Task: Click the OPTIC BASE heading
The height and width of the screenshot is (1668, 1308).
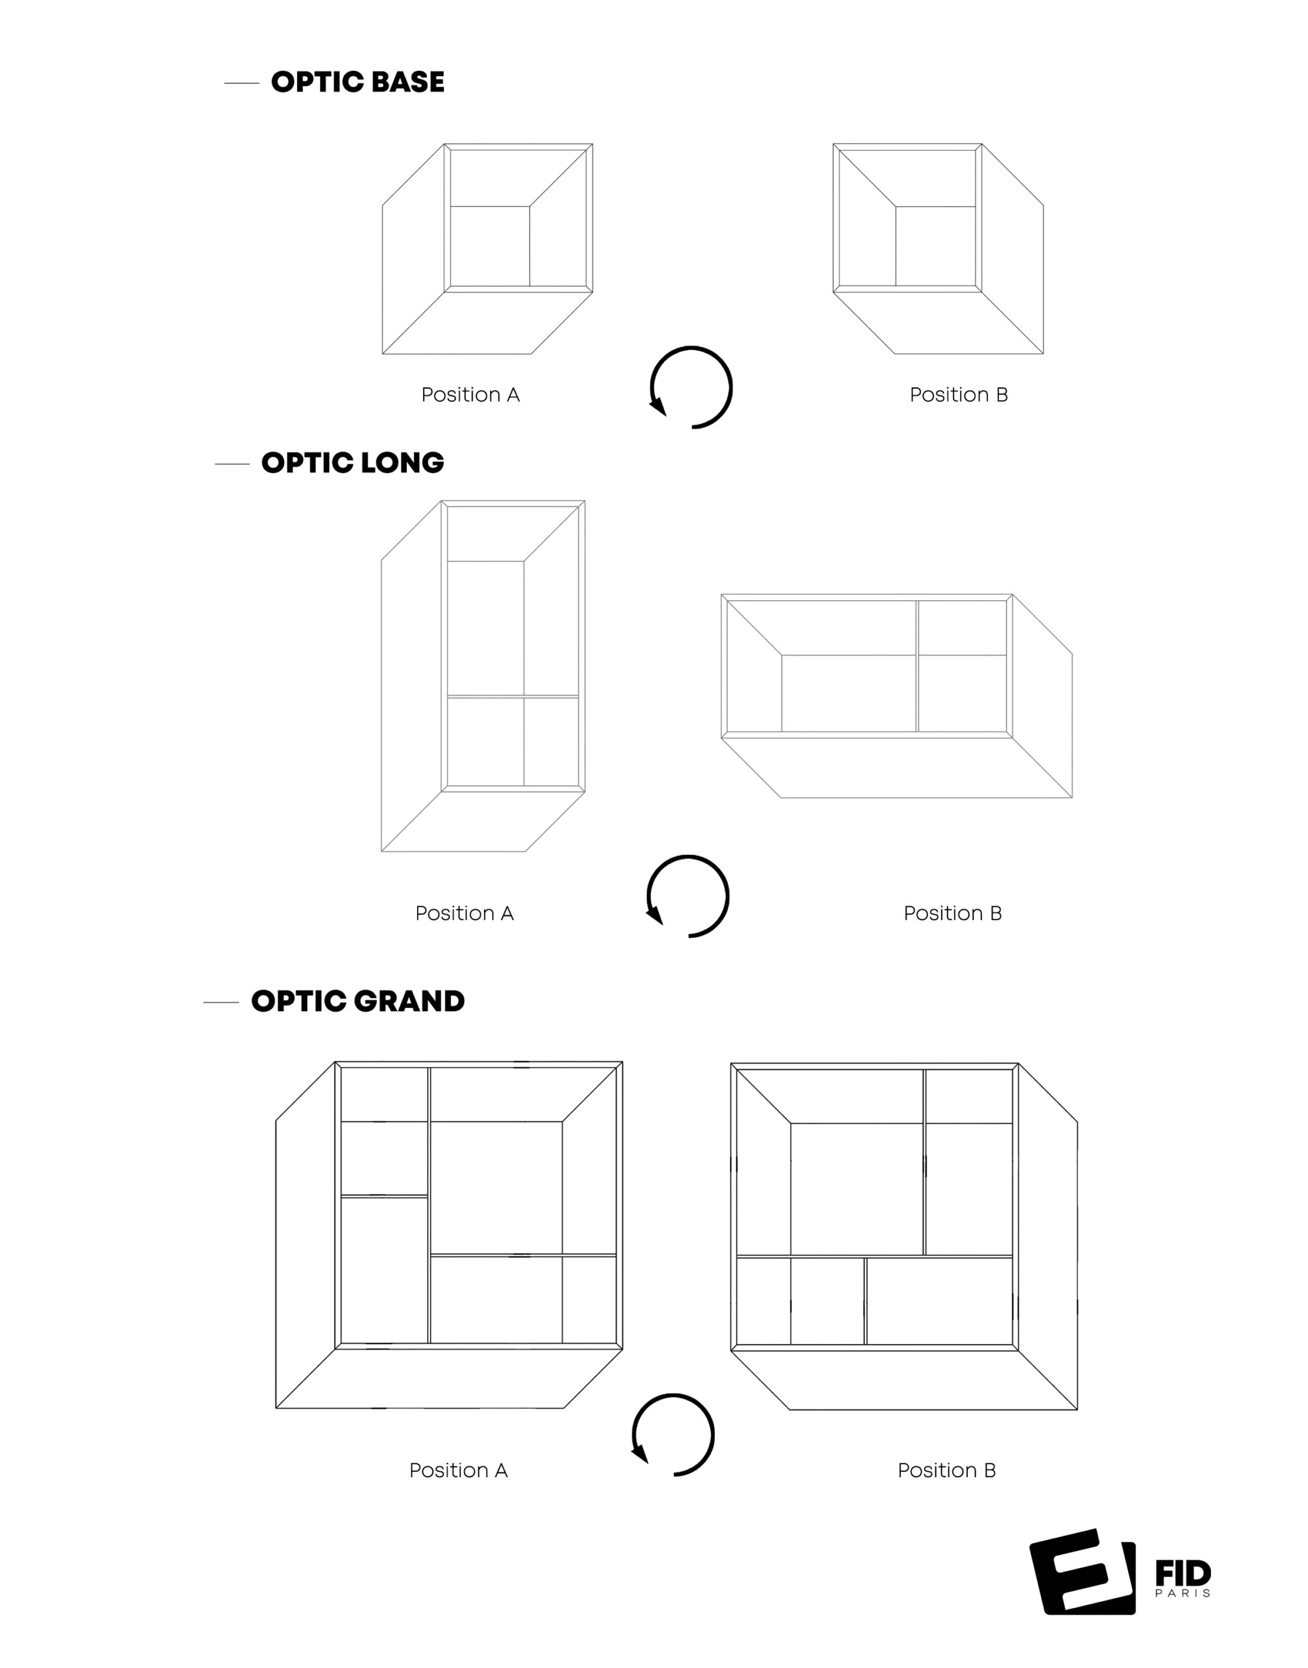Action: [357, 82]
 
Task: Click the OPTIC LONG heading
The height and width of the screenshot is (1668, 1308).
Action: [353, 463]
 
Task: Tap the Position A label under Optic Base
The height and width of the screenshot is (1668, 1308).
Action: [470, 395]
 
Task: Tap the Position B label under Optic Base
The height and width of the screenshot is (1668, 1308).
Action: [958, 395]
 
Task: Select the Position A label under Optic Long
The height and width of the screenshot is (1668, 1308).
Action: [464, 913]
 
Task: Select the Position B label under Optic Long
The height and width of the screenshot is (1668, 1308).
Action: [952, 913]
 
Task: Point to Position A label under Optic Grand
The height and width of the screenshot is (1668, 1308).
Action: [458, 1471]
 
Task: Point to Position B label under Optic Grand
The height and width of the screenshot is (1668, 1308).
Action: [946, 1471]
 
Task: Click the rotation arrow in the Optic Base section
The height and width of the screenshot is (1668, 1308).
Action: [691, 387]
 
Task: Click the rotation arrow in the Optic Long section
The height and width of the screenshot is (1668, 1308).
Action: [688, 897]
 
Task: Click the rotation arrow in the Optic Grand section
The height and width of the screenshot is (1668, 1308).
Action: [673, 1435]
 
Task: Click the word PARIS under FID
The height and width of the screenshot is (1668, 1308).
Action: [1182, 1593]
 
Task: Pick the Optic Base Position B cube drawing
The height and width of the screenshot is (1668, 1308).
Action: [938, 249]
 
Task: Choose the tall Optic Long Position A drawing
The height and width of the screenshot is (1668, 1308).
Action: [483, 676]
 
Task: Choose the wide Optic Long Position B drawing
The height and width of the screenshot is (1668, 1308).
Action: [897, 696]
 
